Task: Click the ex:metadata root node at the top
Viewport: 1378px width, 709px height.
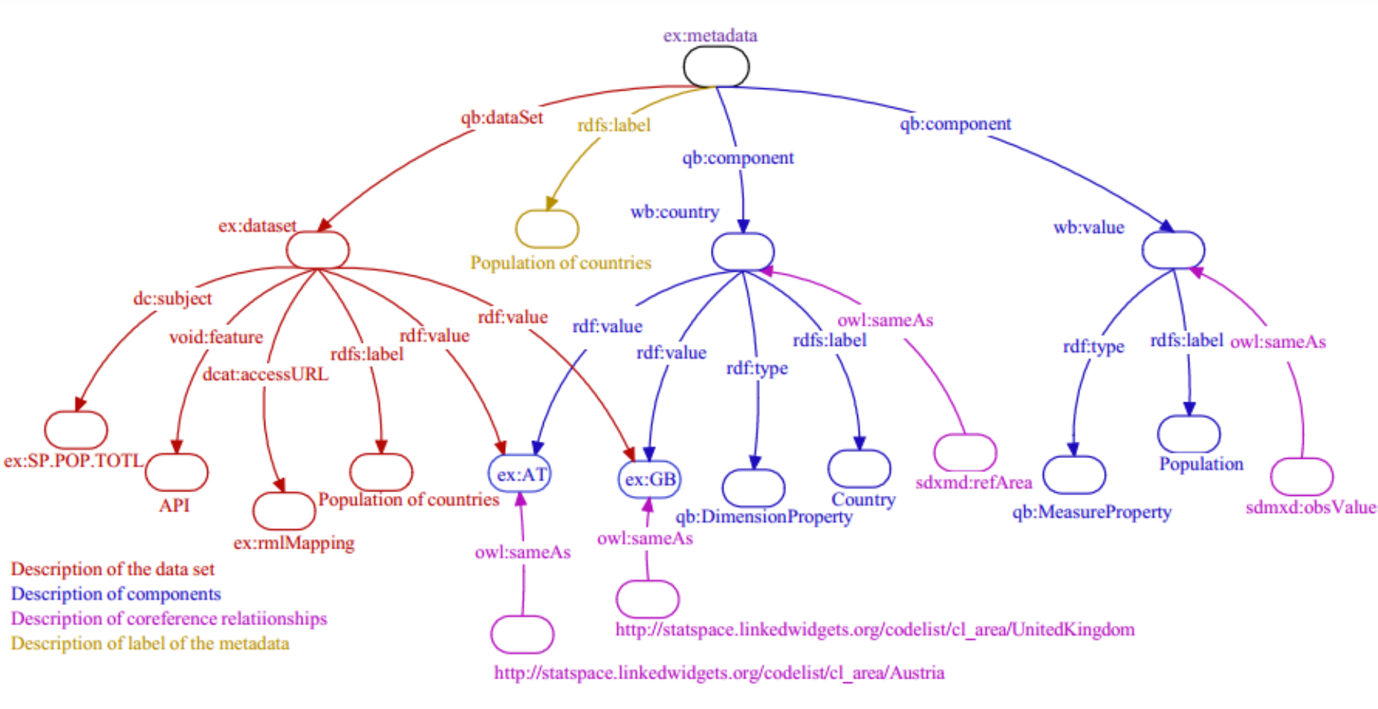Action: pyautogui.click(x=715, y=67)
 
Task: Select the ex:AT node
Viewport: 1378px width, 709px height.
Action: pyautogui.click(x=521, y=474)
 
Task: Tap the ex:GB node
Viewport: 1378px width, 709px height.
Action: pyautogui.click(x=649, y=479)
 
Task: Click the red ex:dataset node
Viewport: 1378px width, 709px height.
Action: pyautogui.click(x=317, y=249)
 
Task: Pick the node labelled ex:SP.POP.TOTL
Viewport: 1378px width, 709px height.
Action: pyautogui.click(x=76, y=429)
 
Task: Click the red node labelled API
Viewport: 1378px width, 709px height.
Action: pyautogui.click(x=176, y=472)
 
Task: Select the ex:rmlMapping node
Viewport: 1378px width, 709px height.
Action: pyautogui.click(x=284, y=510)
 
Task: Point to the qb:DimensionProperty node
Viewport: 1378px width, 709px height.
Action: pyautogui.click(x=753, y=487)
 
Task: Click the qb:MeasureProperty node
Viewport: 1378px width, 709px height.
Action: pyautogui.click(x=1073, y=474)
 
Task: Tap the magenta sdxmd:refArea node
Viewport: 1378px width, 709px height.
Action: pyautogui.click(x=964, y=452)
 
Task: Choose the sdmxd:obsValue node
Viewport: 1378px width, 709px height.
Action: pyautogui.click(x=1301, y=477)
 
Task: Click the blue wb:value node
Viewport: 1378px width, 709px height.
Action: pyautogui.click(x=1173, y=250)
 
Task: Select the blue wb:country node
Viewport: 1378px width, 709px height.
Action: pyautogui.click(x=742, y=252)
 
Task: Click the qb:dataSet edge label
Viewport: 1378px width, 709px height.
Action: pyautogui.click(x=501, y=117)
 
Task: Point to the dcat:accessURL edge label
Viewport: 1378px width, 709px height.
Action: pyautogui.click(x=265, y=373)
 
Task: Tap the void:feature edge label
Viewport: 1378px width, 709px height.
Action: pyautogui.click(x=215, y=337)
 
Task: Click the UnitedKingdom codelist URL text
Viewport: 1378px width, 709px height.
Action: pyautogui.click(x=874, y=630)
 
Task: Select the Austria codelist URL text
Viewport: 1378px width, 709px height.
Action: pyautogui.click(x=718, y=673)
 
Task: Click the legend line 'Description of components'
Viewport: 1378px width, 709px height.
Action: pyautogui.click(x=115, y=594)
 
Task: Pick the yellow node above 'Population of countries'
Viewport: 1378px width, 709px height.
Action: pyautogui.click(x=547, y=229)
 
